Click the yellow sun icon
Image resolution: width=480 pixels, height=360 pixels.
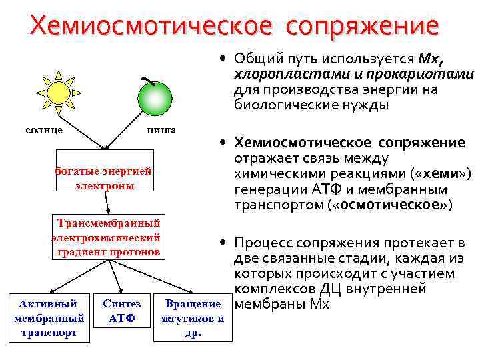point(58,92)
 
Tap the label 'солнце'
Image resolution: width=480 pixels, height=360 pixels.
point(45,129)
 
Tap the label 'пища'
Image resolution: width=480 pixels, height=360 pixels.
point(161,129)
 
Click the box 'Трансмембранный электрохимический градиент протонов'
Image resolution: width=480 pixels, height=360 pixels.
point(107,237)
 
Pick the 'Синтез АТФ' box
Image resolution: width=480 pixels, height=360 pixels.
point(122,311)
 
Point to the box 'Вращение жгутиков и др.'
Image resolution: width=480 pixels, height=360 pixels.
point(193,319)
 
